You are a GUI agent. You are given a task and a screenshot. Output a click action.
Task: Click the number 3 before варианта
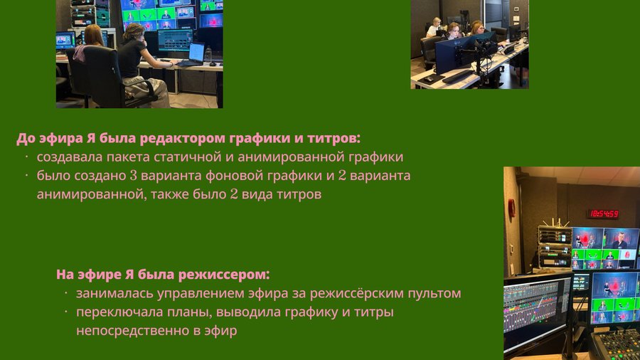[x=134, y=176]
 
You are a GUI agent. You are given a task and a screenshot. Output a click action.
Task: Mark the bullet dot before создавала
[x=26, y=157]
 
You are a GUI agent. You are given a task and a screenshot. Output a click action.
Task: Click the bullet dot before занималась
[x=65, y=292]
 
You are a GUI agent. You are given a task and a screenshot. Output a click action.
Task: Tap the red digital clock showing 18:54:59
[x=604, y=213]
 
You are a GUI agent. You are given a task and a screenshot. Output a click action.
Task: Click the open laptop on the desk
[x=193, y=54]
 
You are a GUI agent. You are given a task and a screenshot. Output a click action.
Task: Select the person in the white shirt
[x=434, y=27]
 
